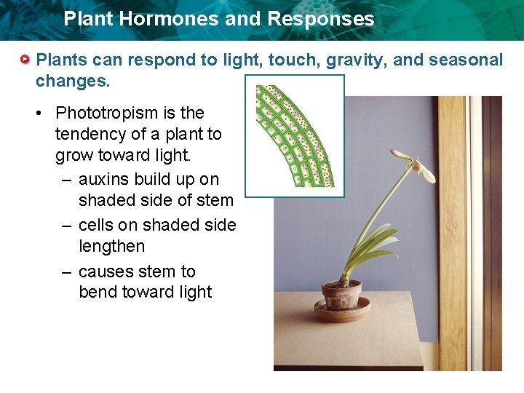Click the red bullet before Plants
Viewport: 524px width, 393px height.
tap(26, 58)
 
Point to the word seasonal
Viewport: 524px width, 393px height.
tap(466, 60)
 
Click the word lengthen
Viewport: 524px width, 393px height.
tap(111, 247)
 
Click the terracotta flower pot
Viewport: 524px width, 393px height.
tap(341, 295)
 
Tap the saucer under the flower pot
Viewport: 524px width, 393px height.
tap(342, 311)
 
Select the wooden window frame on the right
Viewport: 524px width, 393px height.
tap(452, 233)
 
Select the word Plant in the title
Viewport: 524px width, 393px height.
tap(87, 19)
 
